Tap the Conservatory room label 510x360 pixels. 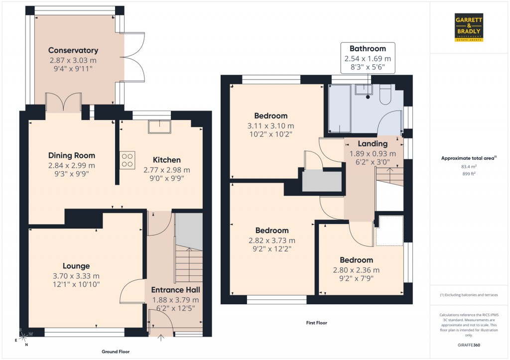point(73,50)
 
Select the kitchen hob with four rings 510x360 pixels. point(127,160)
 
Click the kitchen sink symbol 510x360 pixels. point(159,127)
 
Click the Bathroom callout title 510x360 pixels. point(368,49)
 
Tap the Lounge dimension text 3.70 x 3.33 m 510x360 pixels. point(76,276)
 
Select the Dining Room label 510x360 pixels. point(72,155)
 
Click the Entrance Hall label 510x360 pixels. point(175,290)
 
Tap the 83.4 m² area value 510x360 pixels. point(469,166)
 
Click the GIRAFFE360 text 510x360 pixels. point(469,345)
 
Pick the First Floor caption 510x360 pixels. point(316,323)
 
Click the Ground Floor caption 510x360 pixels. point(116,352)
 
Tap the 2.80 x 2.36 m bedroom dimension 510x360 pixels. point(356,270)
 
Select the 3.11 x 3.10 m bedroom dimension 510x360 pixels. point(271,126)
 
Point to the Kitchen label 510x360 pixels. point(166,160)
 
